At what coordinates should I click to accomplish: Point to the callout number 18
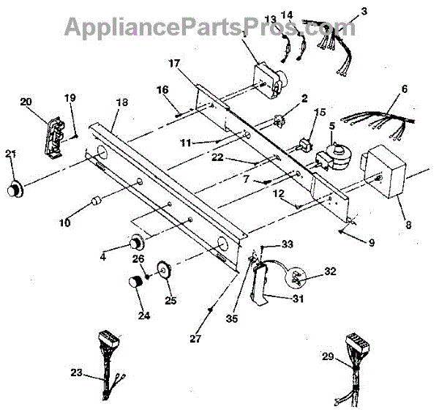(121, 102)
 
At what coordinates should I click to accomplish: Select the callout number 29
(329, 356)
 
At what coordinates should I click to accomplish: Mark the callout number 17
(173, 64)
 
